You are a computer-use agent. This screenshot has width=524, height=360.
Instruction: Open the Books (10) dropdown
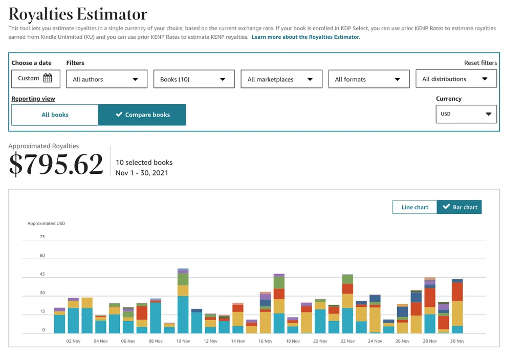pyautogui.click(x=193, y=79)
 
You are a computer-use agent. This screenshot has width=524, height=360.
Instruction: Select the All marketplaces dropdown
pyautogui.click(x=281, y=79)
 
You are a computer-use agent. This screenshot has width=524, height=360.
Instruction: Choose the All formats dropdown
pyautogui.click(x=368, y=79)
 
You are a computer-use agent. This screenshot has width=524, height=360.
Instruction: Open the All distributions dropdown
pyautogui.click(x=456, y=79)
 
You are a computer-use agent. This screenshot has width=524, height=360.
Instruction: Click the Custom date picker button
pyautogui.click(x=35, y=78)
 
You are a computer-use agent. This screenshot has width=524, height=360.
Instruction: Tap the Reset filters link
pyautogui.click(x=480, y=63)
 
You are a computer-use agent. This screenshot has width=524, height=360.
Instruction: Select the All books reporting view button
pyautogui.click(x=55, y=115)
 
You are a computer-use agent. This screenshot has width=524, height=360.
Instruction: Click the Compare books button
pyautogui.click(x=142, y=115)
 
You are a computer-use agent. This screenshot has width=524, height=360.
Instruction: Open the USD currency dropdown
pyautogui.click(x=466, y=114)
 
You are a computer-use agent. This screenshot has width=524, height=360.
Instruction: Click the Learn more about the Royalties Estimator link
pyautogui.click(x=305, y=37)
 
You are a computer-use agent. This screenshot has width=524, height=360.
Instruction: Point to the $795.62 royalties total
pyautogui.click(x=56, y=164)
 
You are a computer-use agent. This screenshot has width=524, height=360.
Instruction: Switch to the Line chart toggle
pyautogui.click(x=414, y=207)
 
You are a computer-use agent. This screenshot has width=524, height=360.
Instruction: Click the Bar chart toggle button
pyautogui.click(x=460, y=207)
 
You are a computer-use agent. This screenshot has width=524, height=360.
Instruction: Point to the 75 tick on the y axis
pyautogui.click(x=42, y=237)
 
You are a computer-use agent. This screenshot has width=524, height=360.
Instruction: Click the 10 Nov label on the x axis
pyautogui.click(x=183, y=341)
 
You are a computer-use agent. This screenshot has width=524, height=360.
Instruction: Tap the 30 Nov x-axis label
pyautogui.click(x=457, y=341)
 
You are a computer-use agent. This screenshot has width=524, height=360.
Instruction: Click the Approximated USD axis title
pyautogui.click(x=46, y=223)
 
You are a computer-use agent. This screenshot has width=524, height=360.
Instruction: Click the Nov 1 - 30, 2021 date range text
pyautogui.click(x=142, y=173)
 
